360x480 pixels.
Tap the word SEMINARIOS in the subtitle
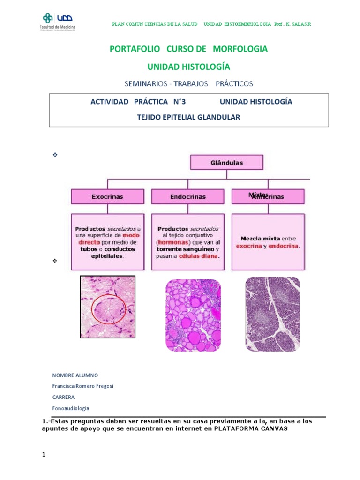coord(144,84)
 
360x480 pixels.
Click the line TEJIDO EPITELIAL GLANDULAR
coord(189,117)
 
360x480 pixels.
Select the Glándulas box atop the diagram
coord(226,163)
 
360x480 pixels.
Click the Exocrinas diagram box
coord(107,197)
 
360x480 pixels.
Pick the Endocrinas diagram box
coord(188,197)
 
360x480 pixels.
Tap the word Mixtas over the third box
coord(257,195)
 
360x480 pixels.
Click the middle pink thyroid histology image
coord(193,315)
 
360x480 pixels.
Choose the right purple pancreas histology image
coord(273,314)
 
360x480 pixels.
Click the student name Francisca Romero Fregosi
coord(83,386)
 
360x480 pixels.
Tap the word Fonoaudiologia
coord(71,408)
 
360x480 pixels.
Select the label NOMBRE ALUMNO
coord(75,375)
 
